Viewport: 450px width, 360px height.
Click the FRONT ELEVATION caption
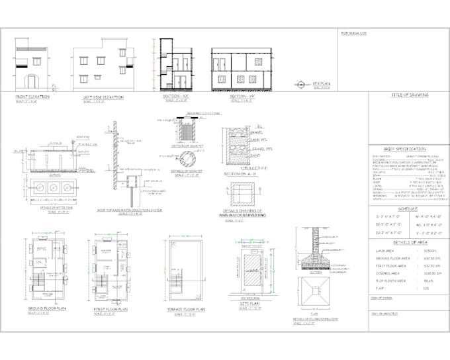[x=34, y=97]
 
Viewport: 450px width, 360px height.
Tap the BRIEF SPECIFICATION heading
[x=405, y=149]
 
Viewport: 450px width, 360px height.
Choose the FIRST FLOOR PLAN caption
[x=109, y=308]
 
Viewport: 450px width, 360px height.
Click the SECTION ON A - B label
[x=242, y=173]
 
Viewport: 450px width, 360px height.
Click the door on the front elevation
[x=32, y=83]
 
